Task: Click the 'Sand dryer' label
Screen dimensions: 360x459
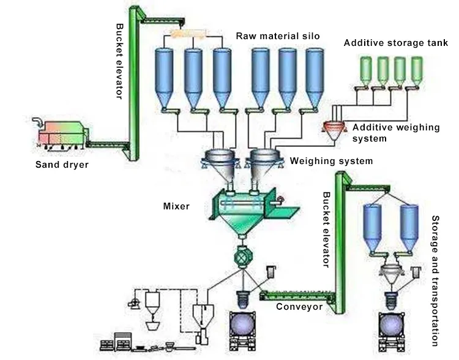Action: pyautogui.click(x=61, y=164)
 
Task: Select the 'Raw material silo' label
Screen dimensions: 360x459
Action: pyautogui.click(x=278, y=36)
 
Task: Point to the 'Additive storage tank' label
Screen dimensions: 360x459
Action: pyautogui.click(x=395, y=43)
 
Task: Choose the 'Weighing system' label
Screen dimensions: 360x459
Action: pyautogui.click(x=331, y=161)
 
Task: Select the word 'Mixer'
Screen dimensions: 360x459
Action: pyautogui.click(x=176, y=206)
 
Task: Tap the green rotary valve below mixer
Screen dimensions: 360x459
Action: pyautogui.click(x=244, y=257)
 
